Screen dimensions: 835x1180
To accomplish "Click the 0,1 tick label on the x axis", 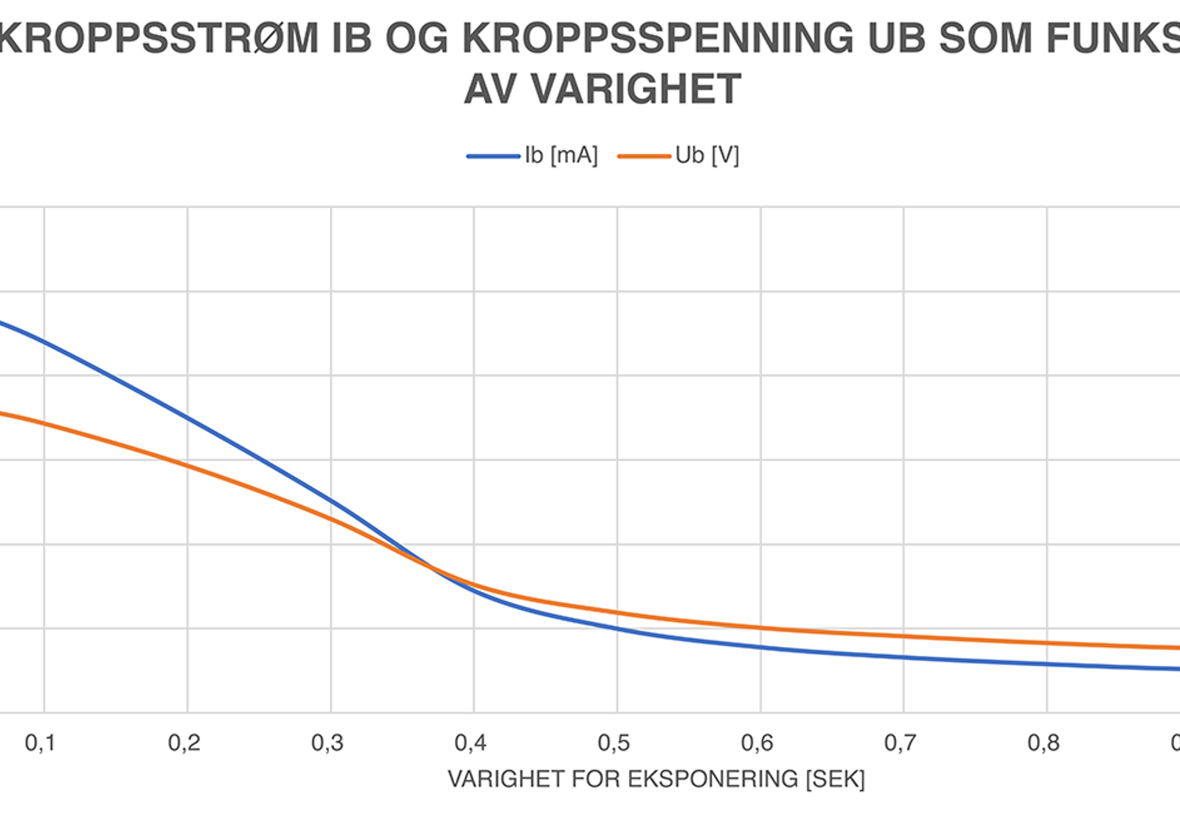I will pos(40,743).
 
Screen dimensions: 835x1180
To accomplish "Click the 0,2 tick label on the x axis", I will pos(184,743).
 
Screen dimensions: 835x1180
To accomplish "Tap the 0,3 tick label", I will pos(327,743).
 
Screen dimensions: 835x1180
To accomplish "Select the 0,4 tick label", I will pos(471,743).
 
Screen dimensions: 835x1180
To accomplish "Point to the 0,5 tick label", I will pos(614,743).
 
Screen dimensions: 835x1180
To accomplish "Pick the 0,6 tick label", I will pos(757,743).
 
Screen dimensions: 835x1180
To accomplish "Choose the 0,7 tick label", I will pos(900,743).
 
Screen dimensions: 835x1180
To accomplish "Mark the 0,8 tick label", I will pos(1044,743).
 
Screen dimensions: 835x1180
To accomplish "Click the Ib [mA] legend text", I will pos(561,156).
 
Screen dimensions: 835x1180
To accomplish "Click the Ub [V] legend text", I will pos(707,156).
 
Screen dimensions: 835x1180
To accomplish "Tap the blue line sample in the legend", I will pos(493,156).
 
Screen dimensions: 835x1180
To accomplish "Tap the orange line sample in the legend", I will pos(644,156).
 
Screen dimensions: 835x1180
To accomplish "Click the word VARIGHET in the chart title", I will pos(636,89).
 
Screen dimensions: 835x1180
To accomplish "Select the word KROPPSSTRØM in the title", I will pos(159,38).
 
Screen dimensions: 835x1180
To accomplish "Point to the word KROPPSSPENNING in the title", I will pos(657,38).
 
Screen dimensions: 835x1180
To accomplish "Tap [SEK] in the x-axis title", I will pos(835,779).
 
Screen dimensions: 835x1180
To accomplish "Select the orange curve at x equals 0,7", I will pos(904,636).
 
